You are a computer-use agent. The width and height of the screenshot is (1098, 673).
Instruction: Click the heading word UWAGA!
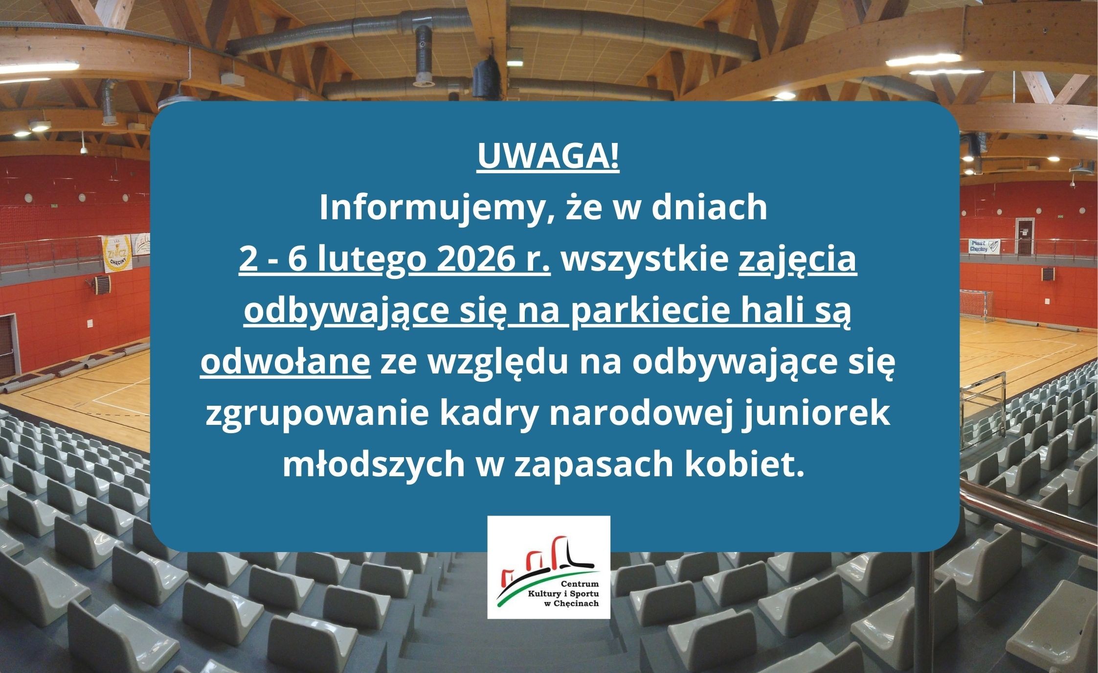(548, 158)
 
